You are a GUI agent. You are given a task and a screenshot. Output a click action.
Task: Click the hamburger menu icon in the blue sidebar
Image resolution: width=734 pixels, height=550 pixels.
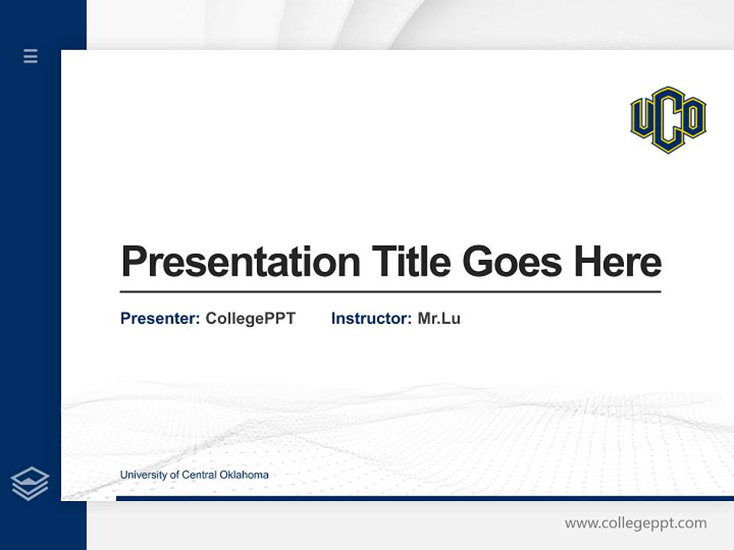point(31,56)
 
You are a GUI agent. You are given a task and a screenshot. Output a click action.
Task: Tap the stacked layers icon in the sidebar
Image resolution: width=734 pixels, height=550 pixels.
point(31,484)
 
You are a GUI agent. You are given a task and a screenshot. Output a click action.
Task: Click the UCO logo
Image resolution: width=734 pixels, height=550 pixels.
point(667,119)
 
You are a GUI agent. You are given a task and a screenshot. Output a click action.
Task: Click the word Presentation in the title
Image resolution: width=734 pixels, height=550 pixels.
point(240,262)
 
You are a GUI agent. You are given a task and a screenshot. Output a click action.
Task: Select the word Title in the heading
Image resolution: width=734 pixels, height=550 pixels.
point(411,261)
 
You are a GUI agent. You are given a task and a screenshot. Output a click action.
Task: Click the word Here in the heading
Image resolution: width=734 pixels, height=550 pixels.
point(618,261)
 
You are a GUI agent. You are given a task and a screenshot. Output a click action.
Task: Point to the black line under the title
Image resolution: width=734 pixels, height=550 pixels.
point(390,292)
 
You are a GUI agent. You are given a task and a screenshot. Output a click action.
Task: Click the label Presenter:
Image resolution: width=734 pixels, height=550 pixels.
point(160,319)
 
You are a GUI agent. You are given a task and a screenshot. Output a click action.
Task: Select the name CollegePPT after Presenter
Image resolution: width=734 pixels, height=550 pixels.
point(250,319)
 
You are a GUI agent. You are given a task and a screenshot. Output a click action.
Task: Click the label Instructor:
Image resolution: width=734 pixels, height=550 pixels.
point(371,319)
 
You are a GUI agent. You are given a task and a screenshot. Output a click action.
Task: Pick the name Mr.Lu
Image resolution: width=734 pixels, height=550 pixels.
point(439,319)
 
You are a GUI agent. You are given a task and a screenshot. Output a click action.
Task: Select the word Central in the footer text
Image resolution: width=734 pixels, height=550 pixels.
point(199,475)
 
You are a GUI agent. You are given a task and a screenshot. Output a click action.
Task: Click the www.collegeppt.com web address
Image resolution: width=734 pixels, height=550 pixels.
point(635,523)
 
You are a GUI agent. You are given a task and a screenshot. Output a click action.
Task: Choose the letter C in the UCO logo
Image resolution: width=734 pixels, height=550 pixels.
point(667,122)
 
